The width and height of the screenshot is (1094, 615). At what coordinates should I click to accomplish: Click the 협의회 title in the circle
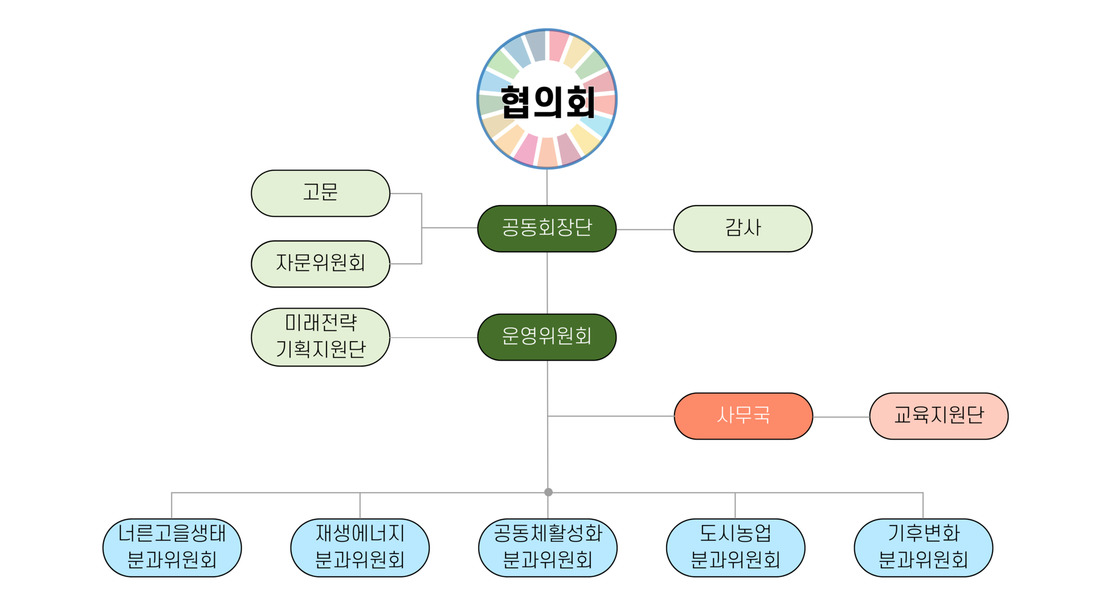click(547, 101)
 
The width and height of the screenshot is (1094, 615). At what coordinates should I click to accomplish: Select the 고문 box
click(320, 193)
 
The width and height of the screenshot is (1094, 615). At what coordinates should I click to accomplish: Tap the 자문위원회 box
click(320, 264)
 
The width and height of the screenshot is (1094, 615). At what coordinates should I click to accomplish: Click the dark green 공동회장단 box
click(547, 228)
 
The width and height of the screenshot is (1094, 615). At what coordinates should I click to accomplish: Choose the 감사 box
click(742, 228)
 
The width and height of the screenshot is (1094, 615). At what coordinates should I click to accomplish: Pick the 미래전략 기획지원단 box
click(320, 337)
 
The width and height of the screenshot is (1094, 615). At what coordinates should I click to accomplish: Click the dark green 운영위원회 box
click(547, 337)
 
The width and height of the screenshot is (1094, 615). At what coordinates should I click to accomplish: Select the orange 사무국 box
click(743, 416)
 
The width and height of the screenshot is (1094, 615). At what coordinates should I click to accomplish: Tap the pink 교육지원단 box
click(938, 416)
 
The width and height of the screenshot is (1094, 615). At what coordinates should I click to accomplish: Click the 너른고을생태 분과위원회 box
click(172, 547)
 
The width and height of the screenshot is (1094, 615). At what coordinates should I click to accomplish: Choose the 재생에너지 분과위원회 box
click(360, 547)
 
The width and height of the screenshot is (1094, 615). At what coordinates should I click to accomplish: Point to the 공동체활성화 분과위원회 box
click(548, 547)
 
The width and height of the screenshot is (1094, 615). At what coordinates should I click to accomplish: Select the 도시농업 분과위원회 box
click(736, 547)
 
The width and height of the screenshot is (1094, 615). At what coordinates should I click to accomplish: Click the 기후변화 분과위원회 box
click(923, 547)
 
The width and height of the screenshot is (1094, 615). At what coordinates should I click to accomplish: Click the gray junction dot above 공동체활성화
click(548, 492)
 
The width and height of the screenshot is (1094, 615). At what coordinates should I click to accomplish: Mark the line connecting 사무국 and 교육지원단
click(841, 417)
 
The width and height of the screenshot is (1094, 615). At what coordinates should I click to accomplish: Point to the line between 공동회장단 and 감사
click(645, 229)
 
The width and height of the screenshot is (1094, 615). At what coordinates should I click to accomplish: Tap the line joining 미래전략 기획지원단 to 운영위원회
click(433, 338)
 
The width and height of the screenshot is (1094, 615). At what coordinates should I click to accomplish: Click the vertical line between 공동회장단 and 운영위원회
click(548, 282)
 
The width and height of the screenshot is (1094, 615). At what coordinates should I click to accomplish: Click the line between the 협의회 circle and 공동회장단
click(547, 187)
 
